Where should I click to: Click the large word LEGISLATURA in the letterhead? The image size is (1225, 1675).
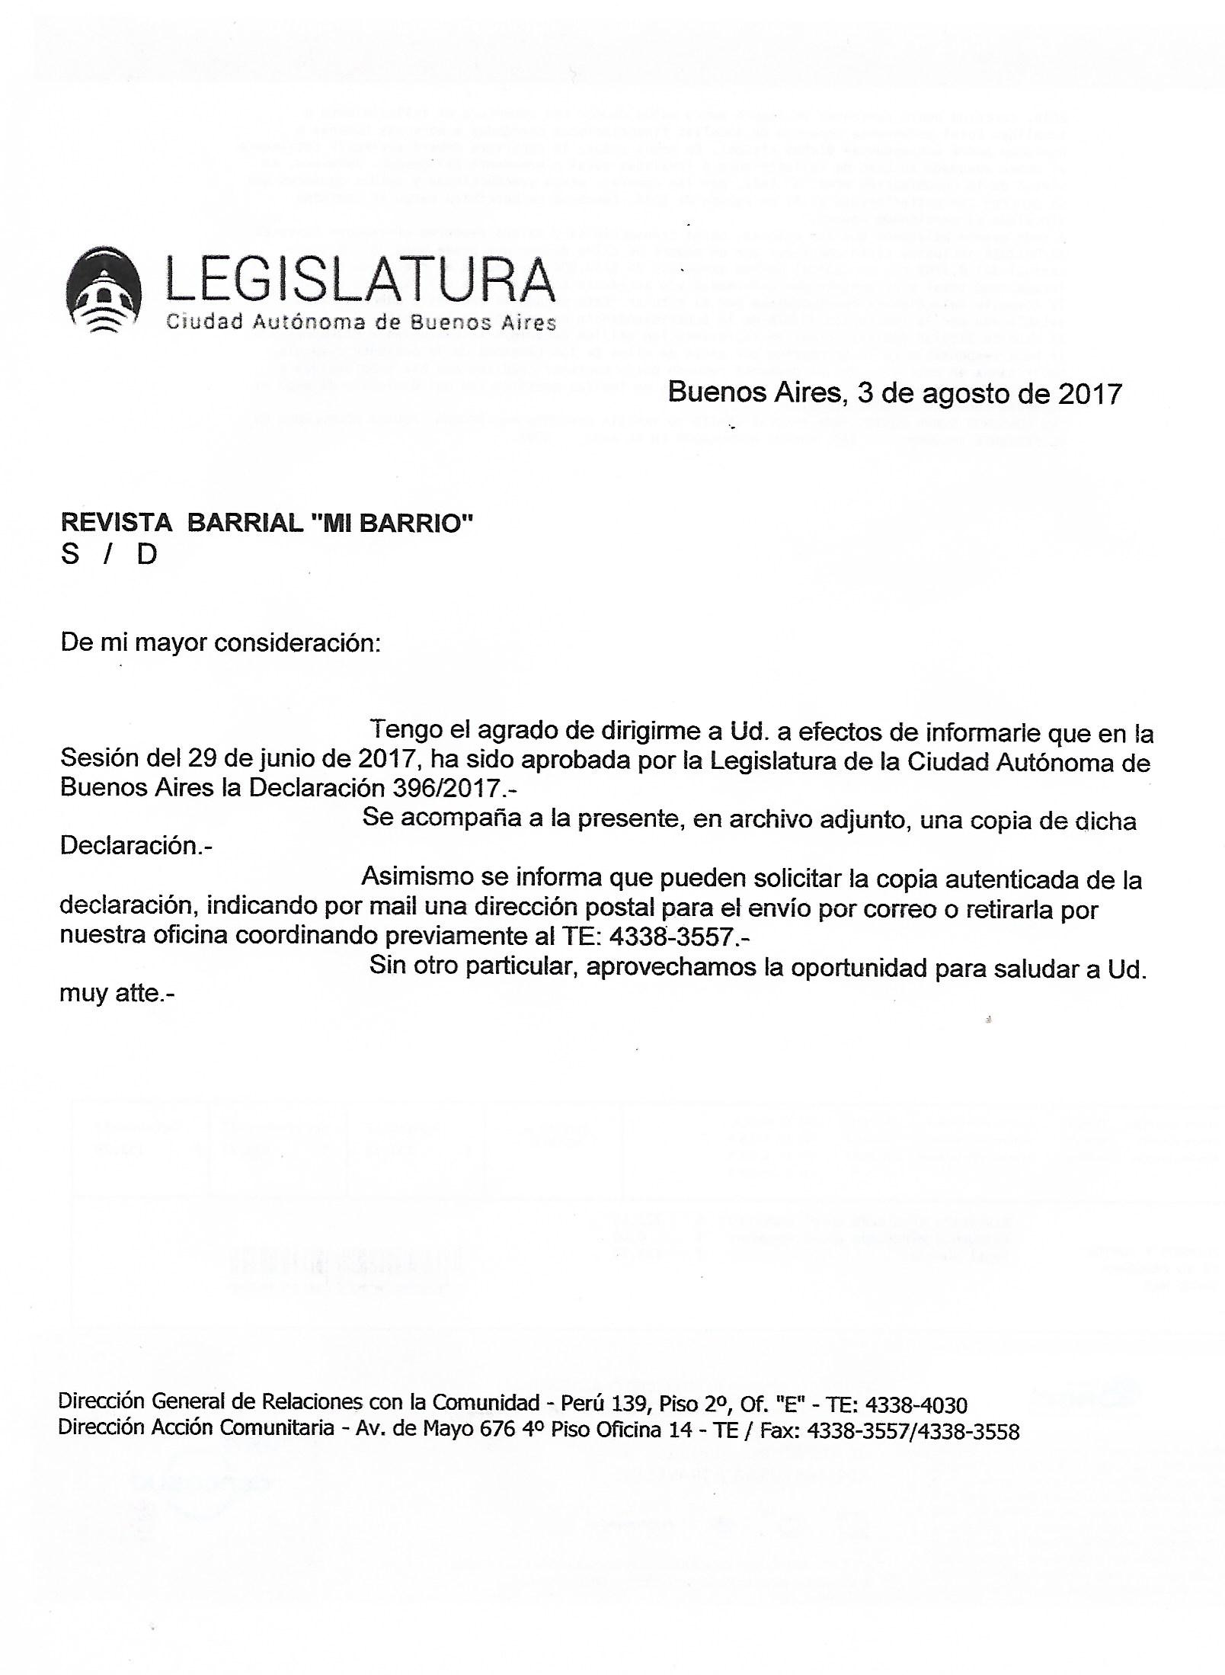tap(360, 279)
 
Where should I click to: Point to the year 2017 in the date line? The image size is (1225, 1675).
tap(1089, 394)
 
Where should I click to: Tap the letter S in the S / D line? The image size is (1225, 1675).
tap(70, 554)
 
